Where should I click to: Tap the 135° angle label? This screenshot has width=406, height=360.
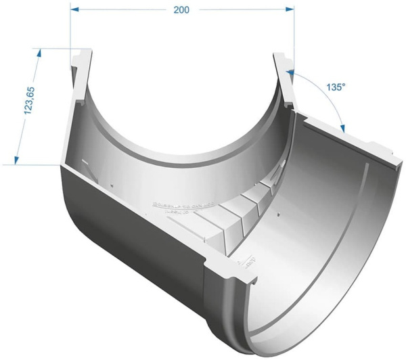coord(336,87)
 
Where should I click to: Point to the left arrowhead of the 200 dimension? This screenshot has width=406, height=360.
coord(74,10)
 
